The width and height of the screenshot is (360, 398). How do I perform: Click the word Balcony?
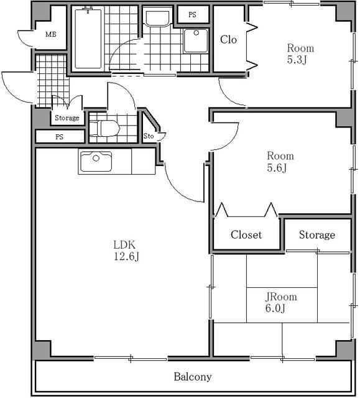[193, 377]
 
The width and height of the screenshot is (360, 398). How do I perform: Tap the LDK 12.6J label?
[126, 251]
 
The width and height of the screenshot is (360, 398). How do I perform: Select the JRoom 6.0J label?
[281, 302]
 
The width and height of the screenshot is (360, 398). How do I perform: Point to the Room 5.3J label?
[300, 54]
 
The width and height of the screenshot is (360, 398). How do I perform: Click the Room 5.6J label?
[280, 162]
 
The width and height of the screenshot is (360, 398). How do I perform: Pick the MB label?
[51, 34]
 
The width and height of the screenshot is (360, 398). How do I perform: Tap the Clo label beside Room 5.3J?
[228, 40]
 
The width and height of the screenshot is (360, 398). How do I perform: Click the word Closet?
[246, 235]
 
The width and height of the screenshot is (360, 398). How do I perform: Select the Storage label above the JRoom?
[317, 235]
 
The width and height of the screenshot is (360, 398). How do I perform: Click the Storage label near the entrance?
[67, 118]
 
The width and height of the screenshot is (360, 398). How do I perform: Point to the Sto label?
[149, 136]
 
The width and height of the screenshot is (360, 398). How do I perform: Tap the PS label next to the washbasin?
[192, 15]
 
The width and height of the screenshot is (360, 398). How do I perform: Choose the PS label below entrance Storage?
[59, 137]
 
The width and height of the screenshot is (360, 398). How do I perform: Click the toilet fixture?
[104, 128]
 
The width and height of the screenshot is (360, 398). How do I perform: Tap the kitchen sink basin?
[96, 162]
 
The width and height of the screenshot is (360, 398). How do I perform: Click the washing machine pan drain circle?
[196, 33]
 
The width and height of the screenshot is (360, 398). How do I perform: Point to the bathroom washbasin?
[157, 17]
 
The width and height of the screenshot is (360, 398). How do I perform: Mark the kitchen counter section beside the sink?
[144, 162]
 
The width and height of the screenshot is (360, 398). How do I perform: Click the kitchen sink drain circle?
[96, 158]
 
